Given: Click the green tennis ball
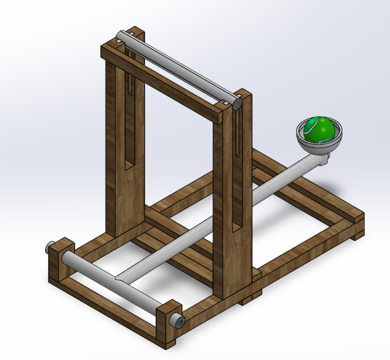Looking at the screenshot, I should [319, 129].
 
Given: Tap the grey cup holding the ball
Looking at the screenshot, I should [319, 145].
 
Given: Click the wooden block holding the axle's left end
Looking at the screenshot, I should [61, 256].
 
